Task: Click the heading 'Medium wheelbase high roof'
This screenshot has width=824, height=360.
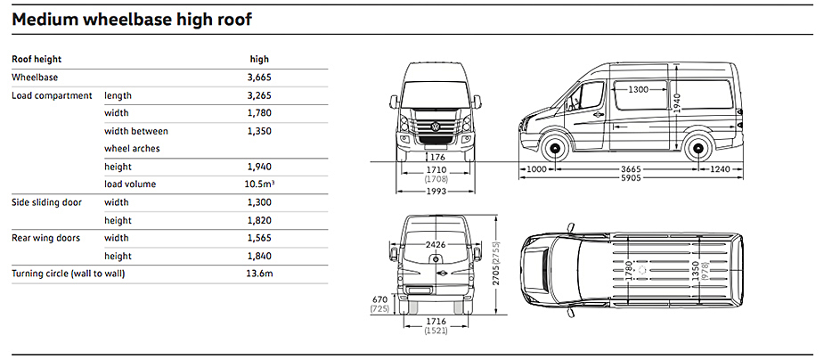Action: (132, 18)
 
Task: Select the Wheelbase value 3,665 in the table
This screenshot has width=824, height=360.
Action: (259, 78)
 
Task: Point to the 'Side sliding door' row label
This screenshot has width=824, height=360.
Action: (46, 202)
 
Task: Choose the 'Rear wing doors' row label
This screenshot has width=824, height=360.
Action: (45, 238)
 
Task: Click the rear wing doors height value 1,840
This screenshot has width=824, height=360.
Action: (259, 256)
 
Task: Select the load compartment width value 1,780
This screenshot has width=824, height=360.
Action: (259, 113)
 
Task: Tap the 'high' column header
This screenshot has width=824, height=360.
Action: (259, 60)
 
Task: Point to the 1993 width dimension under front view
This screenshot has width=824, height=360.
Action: (436, 191)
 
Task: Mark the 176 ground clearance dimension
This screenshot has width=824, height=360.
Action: (436, 158)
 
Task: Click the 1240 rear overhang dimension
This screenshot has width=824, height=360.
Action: (721, 168)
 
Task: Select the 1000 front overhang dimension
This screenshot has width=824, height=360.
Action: (536, 168)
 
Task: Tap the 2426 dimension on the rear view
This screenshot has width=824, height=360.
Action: (436, 244)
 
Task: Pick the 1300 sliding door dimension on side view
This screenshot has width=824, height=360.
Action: (637, 90)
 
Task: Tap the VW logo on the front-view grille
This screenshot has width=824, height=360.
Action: (436, 127)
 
